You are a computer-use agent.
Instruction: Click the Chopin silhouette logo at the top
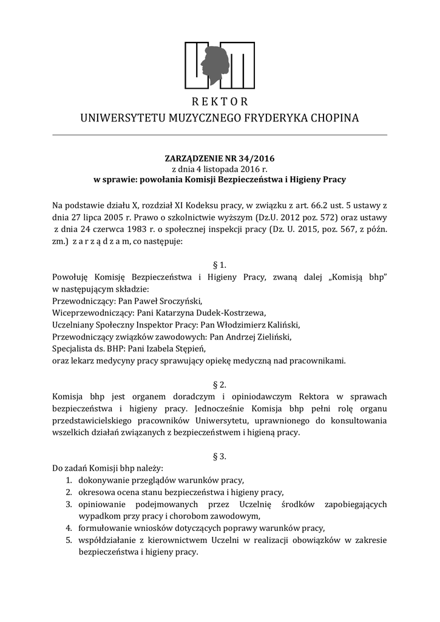[220, 64]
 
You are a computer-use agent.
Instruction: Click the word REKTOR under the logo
[220, 101]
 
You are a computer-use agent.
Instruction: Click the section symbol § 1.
[220, 265]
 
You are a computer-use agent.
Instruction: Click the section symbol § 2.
[220, 384]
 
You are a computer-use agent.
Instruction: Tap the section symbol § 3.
[220, 456]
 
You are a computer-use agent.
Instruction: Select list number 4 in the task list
[69, 527]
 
